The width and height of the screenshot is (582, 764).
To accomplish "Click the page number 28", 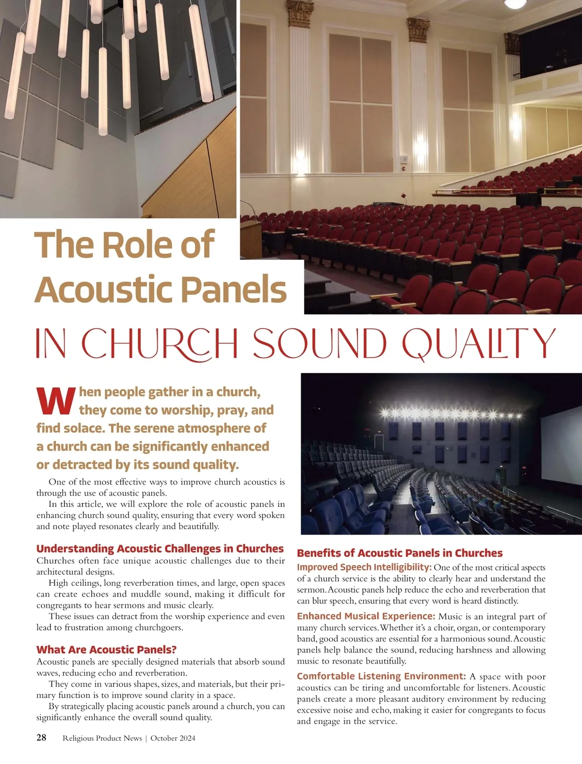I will click(x=42, y=738).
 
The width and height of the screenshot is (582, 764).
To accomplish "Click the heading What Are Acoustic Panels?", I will click(x=106, y=650).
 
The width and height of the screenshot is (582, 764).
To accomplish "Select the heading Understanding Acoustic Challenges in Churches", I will click(x=160, y=549).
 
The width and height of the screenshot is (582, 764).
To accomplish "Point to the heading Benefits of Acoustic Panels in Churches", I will click(x=399, y=553).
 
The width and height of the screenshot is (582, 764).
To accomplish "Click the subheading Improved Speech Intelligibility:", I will click(x=364, y=567).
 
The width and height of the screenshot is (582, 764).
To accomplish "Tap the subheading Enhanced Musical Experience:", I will click(x=366, y=616).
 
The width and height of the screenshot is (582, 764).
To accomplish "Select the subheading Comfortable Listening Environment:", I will click(x=381, y=676).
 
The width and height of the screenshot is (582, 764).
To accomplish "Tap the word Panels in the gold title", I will click(x=237, y=290).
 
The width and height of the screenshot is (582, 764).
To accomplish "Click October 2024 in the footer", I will click(x=173, y=738).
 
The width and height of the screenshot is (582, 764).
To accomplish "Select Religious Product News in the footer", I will click(x=102, y=738).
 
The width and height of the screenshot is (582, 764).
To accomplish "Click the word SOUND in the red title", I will click(x=321, y=343).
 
